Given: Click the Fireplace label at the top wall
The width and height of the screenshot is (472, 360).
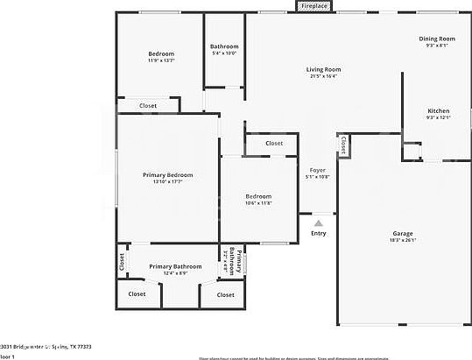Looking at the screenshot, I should tap(314, 6).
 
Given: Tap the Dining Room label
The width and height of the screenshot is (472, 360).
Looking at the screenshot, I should tap(436, 39).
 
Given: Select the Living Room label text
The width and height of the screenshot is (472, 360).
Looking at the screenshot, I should tap(323, 69).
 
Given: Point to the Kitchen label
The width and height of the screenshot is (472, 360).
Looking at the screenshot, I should tap(438, 111).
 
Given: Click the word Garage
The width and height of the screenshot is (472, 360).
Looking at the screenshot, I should tap(402, 233).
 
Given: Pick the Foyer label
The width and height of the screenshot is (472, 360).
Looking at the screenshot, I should tap(317, 171).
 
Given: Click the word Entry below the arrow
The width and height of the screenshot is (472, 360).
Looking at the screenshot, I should tap(318, 232).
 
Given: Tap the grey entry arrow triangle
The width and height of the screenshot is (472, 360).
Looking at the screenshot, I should tap(318, 223).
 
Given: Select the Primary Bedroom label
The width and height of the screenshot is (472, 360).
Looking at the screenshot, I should tap(167, 175).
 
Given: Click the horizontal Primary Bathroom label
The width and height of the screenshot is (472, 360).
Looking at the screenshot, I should tap(175, 266).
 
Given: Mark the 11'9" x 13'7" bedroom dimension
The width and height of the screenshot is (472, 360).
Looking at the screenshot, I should tap(160, 60).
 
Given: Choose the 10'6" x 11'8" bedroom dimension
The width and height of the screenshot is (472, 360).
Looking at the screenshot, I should tap(258, 202).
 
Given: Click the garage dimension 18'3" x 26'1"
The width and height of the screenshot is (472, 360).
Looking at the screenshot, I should tap(402, 240).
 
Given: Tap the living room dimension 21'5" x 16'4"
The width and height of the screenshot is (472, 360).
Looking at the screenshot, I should tap(323, 76).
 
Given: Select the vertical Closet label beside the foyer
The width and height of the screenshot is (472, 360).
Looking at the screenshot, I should tap(343, 145).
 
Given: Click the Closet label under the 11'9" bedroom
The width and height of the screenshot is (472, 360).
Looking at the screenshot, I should tap(149, 106).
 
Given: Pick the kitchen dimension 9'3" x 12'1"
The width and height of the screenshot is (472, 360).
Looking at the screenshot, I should tap(438, 118).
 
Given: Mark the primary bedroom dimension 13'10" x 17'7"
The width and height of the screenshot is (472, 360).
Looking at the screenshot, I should tap(167, 182).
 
